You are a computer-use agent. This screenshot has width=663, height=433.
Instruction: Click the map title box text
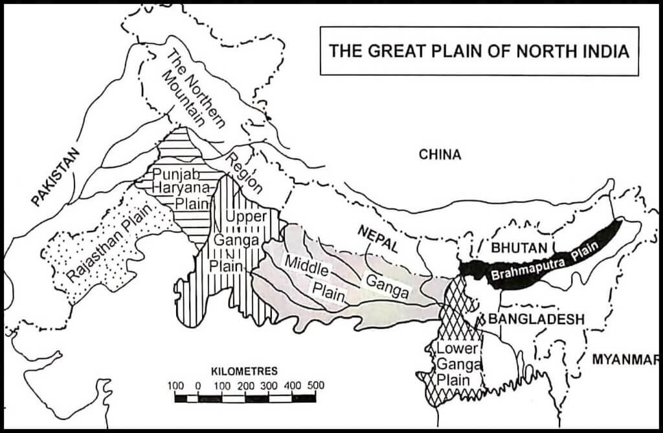(479, 51)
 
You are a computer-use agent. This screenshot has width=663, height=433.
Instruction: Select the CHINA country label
(440, 154)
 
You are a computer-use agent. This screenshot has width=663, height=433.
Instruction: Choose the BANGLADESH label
(537, 319)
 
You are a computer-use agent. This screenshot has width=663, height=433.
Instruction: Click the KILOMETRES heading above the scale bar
(244, 371)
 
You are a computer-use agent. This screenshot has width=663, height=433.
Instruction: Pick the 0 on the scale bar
(197, 385)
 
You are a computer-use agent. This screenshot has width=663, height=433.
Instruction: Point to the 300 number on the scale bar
(269, 385)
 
